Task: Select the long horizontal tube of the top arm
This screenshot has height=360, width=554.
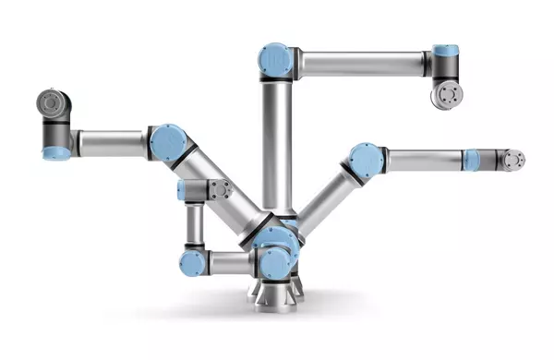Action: pos(360,64)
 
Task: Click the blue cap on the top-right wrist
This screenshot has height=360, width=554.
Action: pos(446,50)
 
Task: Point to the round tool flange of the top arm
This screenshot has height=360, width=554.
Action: pos(448,95)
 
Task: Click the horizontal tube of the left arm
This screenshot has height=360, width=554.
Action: pos(111,143)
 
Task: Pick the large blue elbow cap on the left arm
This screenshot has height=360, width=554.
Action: pos(168,144)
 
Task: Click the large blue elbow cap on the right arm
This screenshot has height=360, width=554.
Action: pos(367,161)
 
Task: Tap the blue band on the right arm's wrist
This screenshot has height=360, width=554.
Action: pos(471,160)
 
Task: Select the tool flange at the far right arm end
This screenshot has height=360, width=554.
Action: pos(512,160)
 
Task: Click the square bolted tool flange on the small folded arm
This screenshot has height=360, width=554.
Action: pos(218,190)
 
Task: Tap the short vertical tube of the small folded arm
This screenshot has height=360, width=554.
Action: pos(195,223)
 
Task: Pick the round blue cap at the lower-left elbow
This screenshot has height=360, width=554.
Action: pos(193,264)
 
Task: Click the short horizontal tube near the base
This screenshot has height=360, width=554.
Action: pos(229,264)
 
